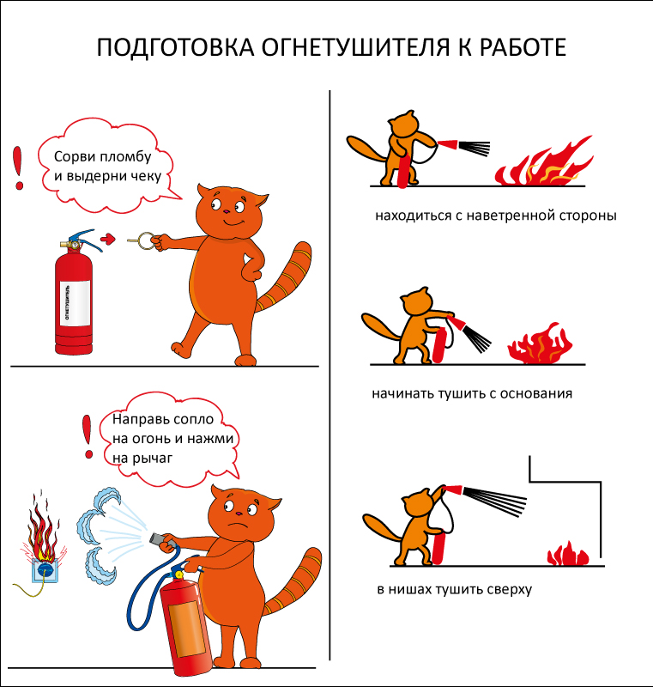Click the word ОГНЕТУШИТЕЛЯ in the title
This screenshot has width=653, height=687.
(356, 47)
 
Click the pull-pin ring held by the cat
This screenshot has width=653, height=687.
(145, 241)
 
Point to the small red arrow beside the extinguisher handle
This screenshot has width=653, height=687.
(108, 239)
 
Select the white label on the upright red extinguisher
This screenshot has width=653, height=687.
(75, 303)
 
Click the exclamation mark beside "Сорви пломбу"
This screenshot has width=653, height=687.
(18, 167)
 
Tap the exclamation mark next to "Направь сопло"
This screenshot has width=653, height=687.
(88, 437)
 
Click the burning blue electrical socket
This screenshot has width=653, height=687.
(45, 569)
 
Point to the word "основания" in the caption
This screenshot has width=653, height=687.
(536, 393)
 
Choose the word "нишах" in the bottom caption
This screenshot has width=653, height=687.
(407, 589)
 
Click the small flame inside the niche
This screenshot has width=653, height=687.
(568, 554)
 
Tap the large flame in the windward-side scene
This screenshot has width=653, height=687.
(544, 161)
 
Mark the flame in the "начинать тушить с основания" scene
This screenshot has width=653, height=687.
(540, 343)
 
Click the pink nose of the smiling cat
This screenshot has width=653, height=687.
(226, 211)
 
